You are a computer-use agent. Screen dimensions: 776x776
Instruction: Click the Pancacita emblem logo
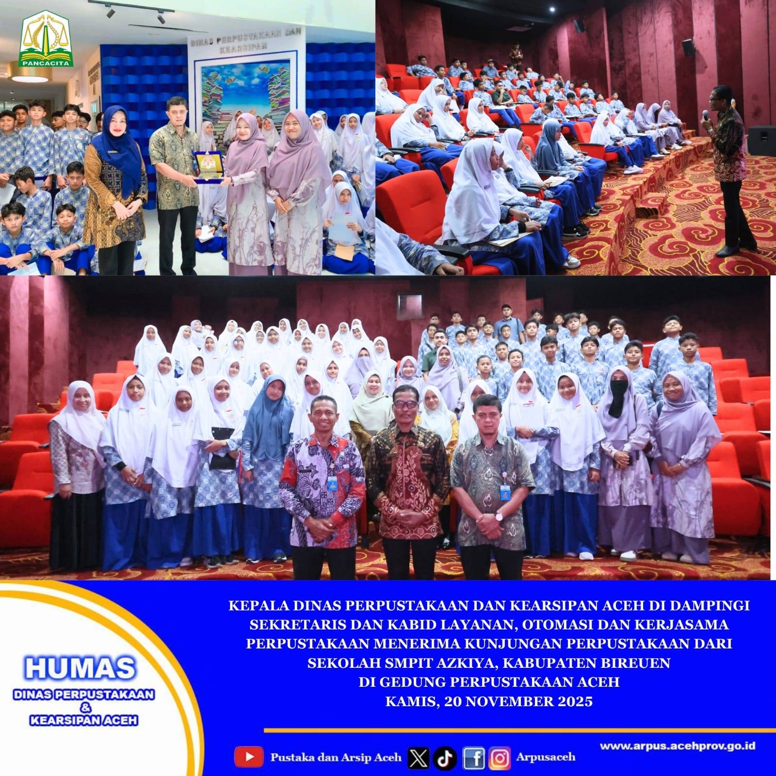[46, 39]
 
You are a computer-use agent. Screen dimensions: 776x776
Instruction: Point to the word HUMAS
[80, 668]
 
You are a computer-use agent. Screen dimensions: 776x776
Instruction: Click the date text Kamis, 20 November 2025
[489, 701]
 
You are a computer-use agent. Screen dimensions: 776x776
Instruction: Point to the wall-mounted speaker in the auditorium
[689, 47]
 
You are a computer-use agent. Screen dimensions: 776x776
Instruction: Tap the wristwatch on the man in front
[498, 516]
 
